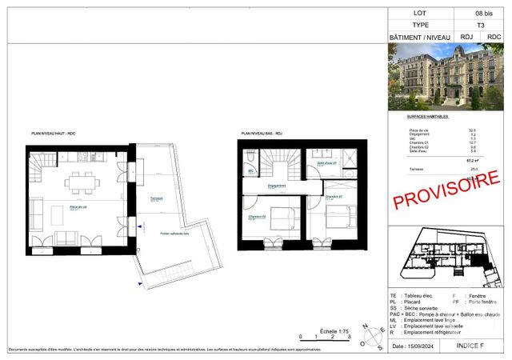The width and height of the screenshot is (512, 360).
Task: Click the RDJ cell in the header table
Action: (x=466, y=36)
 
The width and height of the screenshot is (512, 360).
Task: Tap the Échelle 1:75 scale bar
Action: (x=324, y=336)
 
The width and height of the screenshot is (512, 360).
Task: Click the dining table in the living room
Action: (x=81, y=182)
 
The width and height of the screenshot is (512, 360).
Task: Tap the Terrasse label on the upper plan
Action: (x=157, y=200)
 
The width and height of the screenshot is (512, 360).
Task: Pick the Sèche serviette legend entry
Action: (x=425, y=307)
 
